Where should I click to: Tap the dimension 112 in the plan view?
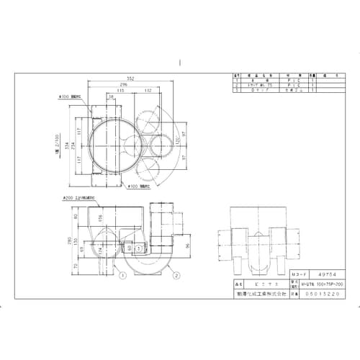tap(147, 91)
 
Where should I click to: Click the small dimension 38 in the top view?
tap(110, 96)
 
